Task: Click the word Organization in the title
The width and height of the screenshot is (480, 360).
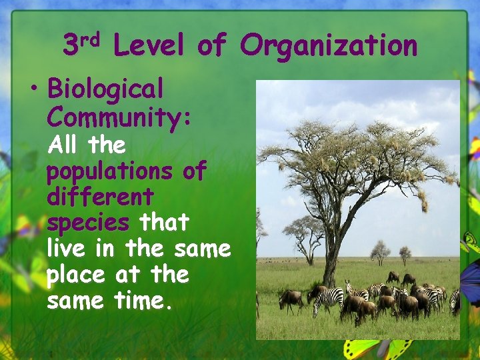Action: (x=328, y=46)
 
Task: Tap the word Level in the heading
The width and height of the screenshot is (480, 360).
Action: (x=147, y=46)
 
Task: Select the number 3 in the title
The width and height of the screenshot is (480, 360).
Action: (x=70, y=46)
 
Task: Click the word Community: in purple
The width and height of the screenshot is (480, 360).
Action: (x=119, y=117)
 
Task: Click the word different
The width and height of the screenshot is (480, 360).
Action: (x=100, y=197)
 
